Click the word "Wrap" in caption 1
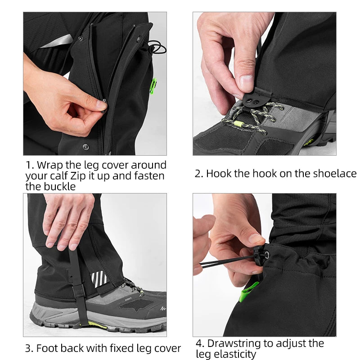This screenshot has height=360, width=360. pyautogui.click(x=49, y=165)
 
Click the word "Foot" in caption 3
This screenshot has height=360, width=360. pyautogui.click(x=46, y=348)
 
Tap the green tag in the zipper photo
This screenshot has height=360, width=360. pyautogui.click(x=153, y=85)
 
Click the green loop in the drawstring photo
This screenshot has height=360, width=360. pyautogui.click(x=248, y=292)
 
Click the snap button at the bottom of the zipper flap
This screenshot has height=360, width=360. pyautogui.click(x=85, y=146)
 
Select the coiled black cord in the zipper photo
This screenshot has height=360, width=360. pyautogui.click(x=156, y=46)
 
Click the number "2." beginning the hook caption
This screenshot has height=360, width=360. pyautogui.click(x=199, y=174)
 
